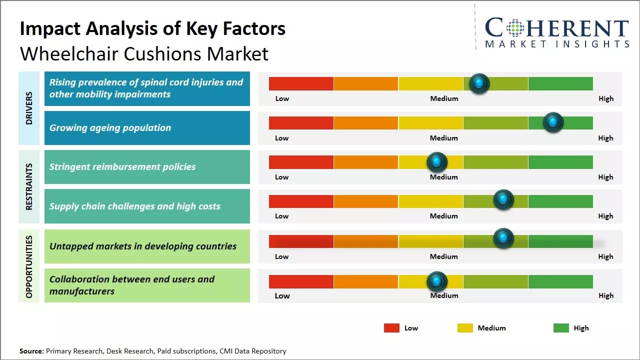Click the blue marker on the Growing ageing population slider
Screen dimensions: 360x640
pyautogui.click(x=553, y=122)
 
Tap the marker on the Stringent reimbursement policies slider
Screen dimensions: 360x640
pyautogui.click(x=437, y=162)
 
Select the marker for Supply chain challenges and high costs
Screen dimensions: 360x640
pyautogui.click(x=503, y=200)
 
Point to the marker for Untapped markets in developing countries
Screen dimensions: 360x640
pyautogui.click(x=503, y=238)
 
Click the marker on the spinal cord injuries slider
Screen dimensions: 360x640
pyautogui.click(x=479, y=83)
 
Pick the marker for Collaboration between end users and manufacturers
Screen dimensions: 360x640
pyautogui.click(x=437, y=281)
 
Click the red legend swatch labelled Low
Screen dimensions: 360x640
pyautogui.click(x=391, y=328)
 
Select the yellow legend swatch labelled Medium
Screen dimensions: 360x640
pyautogui.click(x=465, y=328)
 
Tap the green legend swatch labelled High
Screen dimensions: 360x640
pyautogui.click(x=561, y=328)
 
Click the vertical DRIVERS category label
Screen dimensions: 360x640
pyautogui.click(x=29, y=108)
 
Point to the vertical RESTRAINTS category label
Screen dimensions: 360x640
pyautogui.click(x=29, y=186)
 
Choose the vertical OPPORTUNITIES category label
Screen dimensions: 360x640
pyautogui.click(x=29, y=266)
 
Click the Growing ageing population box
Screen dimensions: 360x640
pyautogui.click(x=147, y=128)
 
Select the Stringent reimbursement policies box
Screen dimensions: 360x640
pyautogui.click(x=147, y=167)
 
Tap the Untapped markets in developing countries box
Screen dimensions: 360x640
pyautogui.click(x=147, y=246)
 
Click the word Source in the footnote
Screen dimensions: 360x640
pyautogui.click(x=31, y=351)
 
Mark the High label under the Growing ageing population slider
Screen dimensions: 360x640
pyautogui.click(x=605, y=138)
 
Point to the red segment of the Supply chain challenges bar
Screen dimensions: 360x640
pyautogui.click(x=301, y=201)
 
